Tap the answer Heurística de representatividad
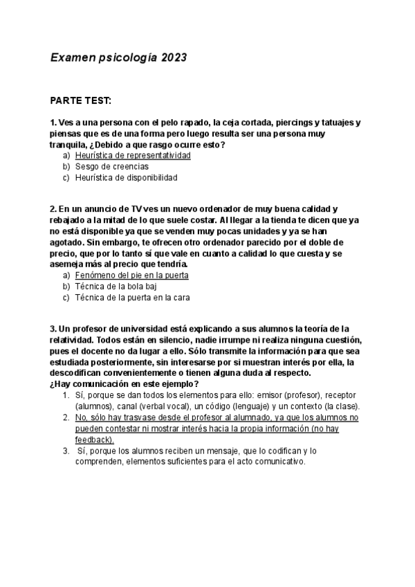click(x=133, y=156)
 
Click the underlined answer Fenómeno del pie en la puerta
click(x=131, y=276)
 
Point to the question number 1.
click(x=53, y=123)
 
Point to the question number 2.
click(x=53, y=209)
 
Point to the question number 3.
click(x=53, y=328)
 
